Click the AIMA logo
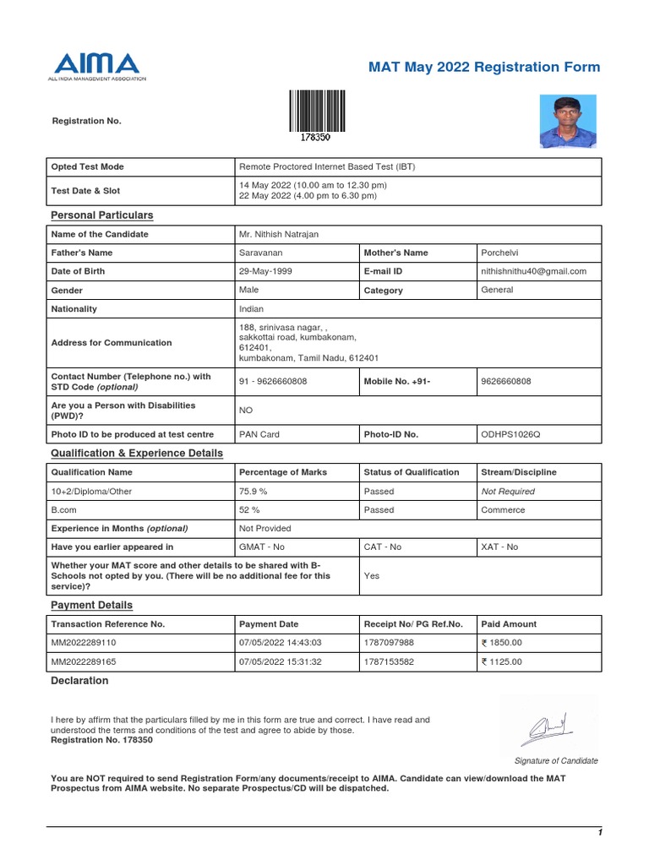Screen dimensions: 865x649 (x=96, y=66)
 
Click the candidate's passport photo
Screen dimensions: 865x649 (x=568, y=121)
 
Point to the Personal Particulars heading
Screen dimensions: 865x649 (x=102, y=215)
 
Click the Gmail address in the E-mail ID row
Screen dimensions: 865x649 (x=533, y=271)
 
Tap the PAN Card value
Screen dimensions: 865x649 (x=259, y=434)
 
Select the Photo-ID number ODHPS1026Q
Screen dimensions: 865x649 (x=510, y=434)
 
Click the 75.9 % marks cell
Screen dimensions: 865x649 (x=254, y=491)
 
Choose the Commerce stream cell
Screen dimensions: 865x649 (x=503, y=509)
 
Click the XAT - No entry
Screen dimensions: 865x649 (x=499, y=547)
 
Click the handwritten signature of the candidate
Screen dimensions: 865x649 (x=550, y=726)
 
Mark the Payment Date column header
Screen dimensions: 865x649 (x=269, y=624)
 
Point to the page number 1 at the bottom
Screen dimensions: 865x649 (x=599, y=833)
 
